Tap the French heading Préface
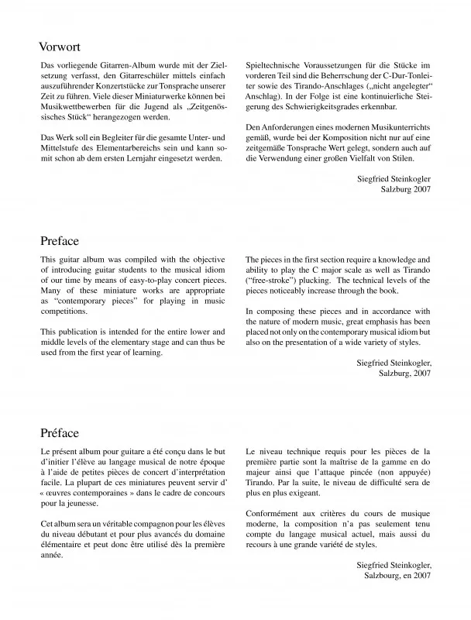[x=60, y=432]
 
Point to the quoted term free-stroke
[x=270, y=278]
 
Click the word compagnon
[x=147, y=525]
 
